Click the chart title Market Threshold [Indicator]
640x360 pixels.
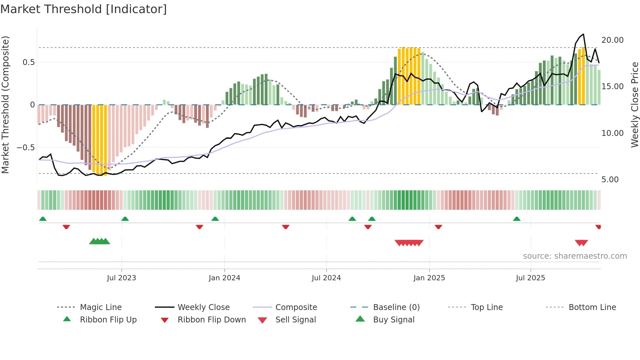point(84,9)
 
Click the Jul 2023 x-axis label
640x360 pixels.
point(121,278)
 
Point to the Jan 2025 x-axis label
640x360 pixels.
point(429,278)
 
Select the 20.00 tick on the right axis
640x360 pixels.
point(612,40)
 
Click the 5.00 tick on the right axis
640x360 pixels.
point(610,179)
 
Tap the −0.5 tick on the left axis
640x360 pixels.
point(26,147)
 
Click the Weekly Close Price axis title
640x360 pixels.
point(634,105)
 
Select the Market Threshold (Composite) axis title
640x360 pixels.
point(5,105)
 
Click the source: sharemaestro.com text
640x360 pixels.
point(575,256)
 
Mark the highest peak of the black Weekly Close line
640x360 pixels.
point(583,34)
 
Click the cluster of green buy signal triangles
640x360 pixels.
point(100,241)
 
